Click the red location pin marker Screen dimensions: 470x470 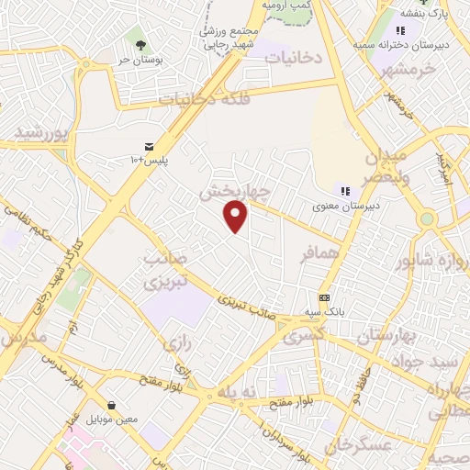(x=236, y=216)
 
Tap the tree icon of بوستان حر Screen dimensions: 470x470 (x=140, y=44)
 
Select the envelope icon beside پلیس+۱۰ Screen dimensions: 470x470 (x=149, y=146)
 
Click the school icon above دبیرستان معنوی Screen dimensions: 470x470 (x=345, y=191)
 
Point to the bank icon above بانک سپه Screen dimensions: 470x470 (x=324, y=297)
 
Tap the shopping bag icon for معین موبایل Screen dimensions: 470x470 (x=111, y=405)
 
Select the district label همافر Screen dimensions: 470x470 (x=320, y=252)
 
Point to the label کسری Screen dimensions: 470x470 (x=304, y=336)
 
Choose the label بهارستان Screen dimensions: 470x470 (x=385, y=336)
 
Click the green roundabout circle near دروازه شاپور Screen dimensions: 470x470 (x=427, y=218)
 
